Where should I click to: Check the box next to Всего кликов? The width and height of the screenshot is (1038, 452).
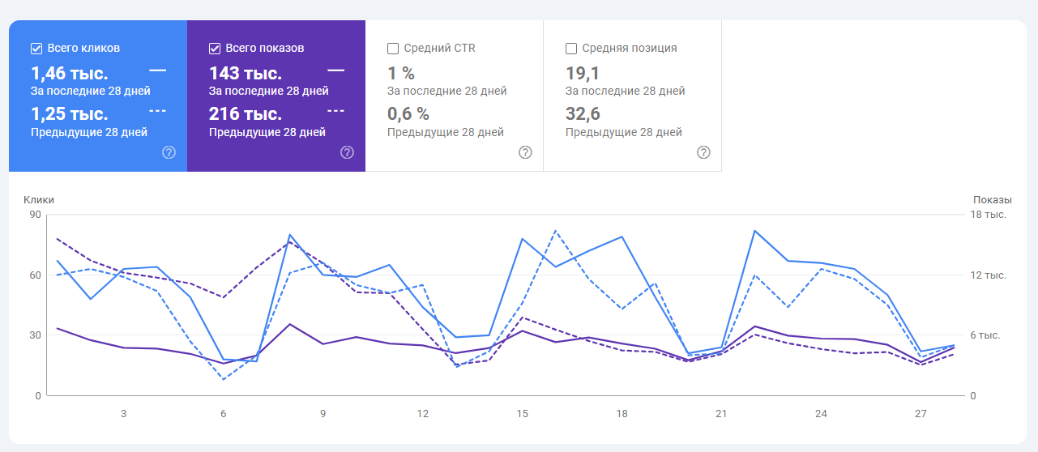(x=36, y=48)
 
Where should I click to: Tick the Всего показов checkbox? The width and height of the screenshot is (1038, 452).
(x=215, y=48)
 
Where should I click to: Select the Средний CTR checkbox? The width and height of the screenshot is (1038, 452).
(x=393, y=48)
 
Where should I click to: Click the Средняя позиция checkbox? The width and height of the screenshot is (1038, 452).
(x=571, y=48)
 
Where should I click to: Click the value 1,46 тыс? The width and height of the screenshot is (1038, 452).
(x=69, y=74)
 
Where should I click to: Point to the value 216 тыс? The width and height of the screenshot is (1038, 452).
(x=246, y=113)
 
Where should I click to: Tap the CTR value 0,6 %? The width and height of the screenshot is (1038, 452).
(x=408, y=113)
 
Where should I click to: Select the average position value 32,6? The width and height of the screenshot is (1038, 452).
(x=583, y=113)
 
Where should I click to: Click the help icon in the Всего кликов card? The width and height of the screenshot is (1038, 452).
(x=169, y=152)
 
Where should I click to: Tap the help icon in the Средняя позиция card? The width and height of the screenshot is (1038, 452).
(x=703, y=152)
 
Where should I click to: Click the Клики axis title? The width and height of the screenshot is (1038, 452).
(x=39, y=199)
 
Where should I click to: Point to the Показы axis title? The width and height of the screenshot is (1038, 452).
(x=993, y=199)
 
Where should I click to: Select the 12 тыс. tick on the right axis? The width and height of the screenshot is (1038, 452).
(x=988, y=275)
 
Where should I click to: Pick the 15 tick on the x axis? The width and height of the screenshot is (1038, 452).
(x=522, y=414)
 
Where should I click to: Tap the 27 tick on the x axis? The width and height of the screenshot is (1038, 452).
(x=921, y=414)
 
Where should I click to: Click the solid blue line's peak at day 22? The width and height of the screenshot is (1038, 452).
(x=754, y=231)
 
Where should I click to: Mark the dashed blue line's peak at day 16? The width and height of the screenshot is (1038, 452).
(x=555, y=231)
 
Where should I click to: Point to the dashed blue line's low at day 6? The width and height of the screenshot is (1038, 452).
(x=223, y=379)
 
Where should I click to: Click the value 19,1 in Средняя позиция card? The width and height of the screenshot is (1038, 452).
(x=582, y=74)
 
